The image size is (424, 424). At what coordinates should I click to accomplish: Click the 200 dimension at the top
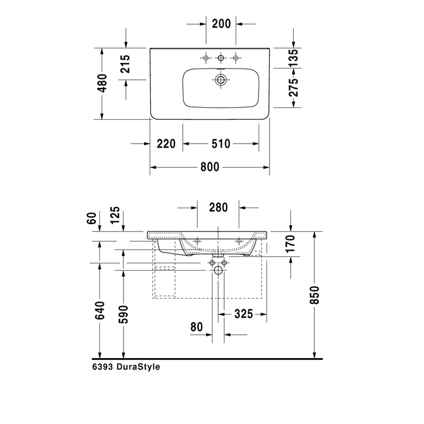222,24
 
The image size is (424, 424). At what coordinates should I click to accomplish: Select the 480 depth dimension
102,84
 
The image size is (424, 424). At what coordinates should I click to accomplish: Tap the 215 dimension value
125,64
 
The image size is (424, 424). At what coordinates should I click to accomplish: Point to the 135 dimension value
293,58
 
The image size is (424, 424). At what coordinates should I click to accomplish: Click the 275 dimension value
293,88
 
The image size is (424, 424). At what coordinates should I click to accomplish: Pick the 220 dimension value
165,144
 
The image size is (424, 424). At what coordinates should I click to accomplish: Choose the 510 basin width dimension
221,144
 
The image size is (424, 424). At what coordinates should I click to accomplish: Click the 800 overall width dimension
210,168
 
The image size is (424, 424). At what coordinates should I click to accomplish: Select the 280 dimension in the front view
218,208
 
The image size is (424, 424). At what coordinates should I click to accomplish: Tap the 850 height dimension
314,295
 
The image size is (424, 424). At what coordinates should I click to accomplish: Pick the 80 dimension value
196,327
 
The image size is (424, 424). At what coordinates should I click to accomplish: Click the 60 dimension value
92,217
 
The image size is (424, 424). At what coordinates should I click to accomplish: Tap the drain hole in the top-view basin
221,79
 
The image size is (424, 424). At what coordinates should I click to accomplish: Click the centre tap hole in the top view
221,58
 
